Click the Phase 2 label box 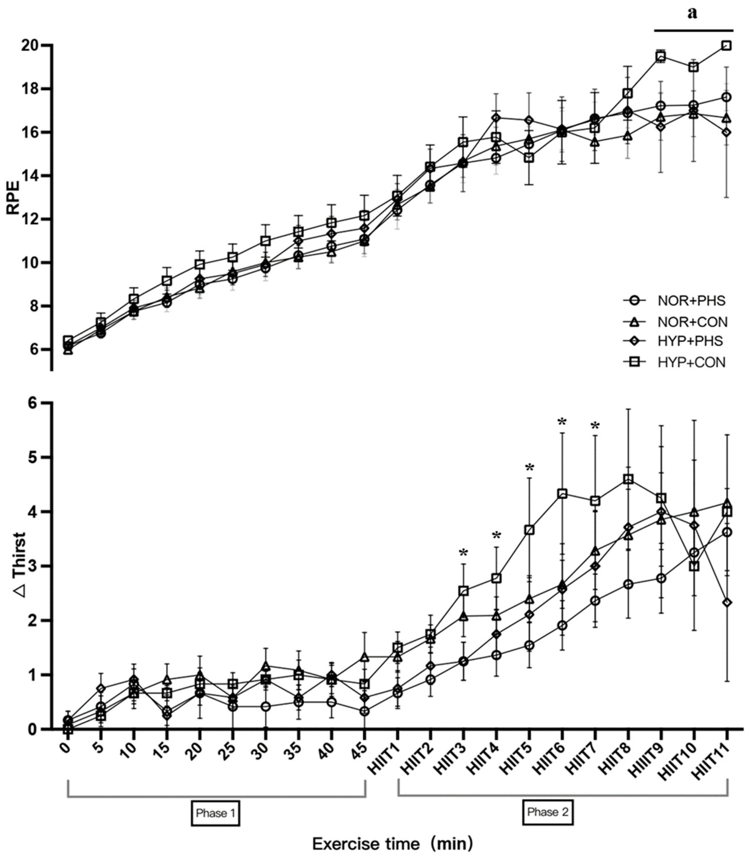point(548,812)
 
